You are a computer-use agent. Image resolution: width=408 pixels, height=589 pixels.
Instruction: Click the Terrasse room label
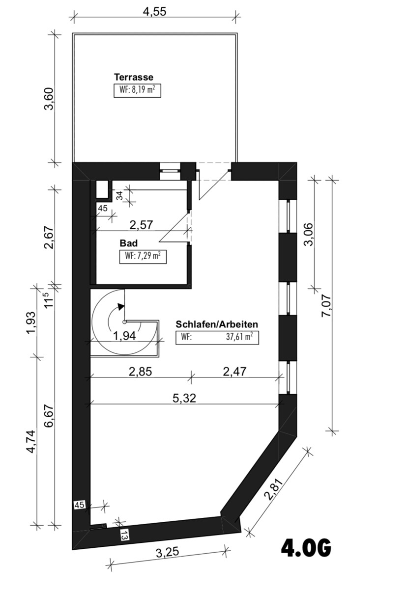133,78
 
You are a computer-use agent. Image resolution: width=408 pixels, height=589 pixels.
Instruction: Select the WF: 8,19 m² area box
137,91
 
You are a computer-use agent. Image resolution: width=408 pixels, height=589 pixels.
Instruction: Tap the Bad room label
128,243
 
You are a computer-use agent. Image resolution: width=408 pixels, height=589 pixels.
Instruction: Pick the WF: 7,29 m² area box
143,257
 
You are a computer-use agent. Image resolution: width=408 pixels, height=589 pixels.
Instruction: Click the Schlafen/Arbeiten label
217,324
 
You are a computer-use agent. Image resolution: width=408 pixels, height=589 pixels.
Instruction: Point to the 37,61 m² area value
237,337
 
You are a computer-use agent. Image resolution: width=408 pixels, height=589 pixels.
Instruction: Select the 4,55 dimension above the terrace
155,12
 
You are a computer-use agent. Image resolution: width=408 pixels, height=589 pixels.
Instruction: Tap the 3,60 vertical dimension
49,99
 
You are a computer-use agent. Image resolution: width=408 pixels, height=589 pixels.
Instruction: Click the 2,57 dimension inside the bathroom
141,225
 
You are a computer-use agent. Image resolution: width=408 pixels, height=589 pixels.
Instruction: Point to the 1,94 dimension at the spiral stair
124,336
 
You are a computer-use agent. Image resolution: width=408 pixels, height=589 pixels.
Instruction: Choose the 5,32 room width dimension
184,399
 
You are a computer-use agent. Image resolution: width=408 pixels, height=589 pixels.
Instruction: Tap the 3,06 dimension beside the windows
308,234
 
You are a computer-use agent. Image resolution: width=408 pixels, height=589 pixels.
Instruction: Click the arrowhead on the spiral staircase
121,307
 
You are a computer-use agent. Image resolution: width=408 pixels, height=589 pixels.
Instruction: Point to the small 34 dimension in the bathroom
119,196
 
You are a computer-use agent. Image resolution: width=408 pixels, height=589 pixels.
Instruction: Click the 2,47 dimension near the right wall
234,372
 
